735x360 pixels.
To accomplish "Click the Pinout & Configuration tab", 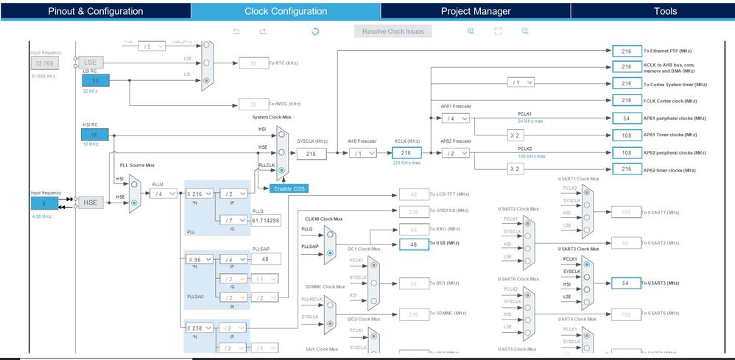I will pos(95,11).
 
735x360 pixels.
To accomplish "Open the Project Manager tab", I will pos(475,11).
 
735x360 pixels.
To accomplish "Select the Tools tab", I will pos(665,11).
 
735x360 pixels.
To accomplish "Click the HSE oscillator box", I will pos(91,202).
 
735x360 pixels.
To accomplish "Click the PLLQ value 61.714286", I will pos(265,219).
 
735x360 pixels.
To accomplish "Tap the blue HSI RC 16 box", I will pos(95,135).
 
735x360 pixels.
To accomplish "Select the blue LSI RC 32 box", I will pos(95,80).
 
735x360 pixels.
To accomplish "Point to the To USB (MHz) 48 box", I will pos(413,244).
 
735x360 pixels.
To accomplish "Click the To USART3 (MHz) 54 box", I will pos(625,283).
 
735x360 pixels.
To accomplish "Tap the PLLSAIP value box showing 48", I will pos(265,259).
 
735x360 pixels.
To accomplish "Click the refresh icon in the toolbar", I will pos(315,31).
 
